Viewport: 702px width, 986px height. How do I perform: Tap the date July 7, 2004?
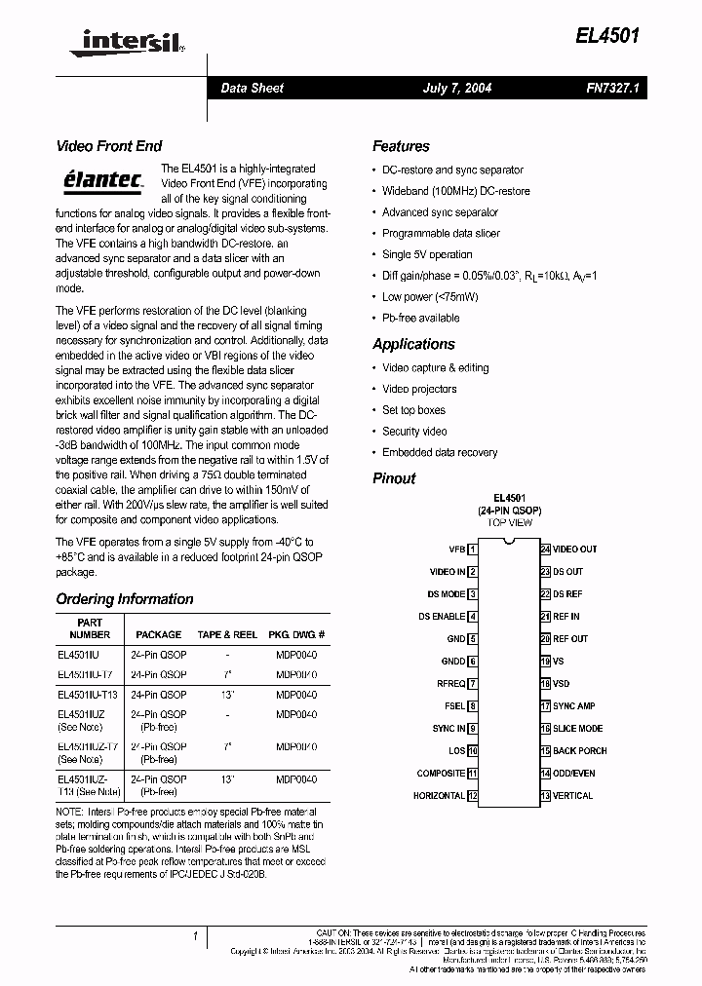pos(456,88)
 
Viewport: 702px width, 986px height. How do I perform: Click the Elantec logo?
pos(102,178)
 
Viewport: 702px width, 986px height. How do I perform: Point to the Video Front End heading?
pos(109,146)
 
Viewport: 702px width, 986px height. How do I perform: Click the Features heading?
pos(401,146)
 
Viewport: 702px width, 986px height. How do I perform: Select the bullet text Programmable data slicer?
pos(441,233)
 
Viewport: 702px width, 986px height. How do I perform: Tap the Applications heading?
pos(413,344)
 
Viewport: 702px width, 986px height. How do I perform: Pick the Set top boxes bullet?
pos(413,410)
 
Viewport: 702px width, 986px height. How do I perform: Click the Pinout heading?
pos(394,478)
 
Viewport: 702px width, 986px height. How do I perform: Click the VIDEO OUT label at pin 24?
pos(574,550)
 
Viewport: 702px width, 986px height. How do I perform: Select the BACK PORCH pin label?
pos(579,751)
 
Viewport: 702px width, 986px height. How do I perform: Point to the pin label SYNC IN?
pos(448,729)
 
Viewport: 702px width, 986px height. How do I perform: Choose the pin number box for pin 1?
pos(473,550)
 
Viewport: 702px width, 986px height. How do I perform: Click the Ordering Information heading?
pos(125,599)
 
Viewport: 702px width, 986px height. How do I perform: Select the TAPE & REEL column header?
pos(227,634)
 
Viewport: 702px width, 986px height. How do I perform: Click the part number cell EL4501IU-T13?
pos(88,695)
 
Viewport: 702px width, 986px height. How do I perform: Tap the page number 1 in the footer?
pos(196,936)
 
